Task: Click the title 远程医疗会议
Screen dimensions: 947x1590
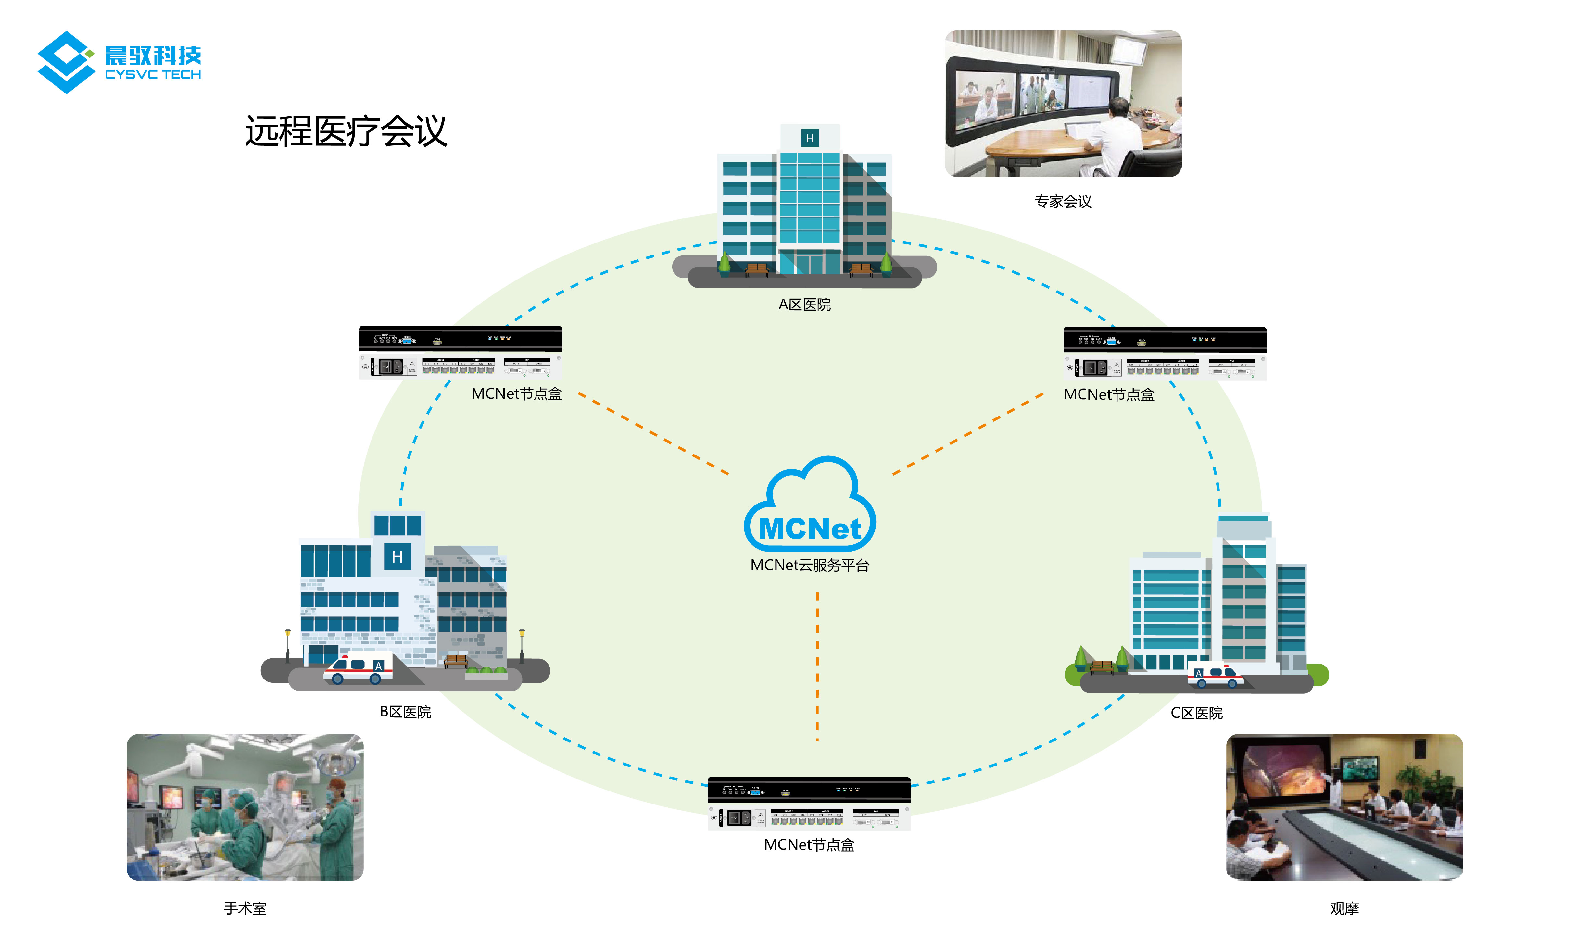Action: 346,131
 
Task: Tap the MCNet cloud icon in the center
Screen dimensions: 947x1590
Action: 809,507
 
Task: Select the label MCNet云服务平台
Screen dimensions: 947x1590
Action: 809,566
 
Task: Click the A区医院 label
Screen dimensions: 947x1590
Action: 804,305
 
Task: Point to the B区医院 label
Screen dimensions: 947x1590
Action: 405,712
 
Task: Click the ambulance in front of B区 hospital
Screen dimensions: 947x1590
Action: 358,668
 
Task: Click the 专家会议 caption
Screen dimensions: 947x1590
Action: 1063,202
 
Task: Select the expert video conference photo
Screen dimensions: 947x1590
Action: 1063,103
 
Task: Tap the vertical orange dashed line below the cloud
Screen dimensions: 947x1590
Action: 817,667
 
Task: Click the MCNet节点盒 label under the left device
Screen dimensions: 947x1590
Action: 516,394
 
